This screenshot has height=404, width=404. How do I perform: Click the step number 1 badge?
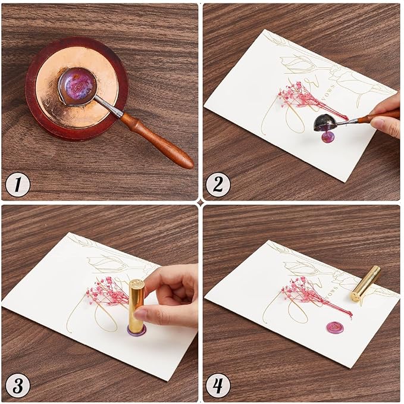coord(18,185)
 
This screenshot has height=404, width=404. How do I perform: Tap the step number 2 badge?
coord(218,185)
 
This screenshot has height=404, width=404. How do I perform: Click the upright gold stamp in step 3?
coord(137,303)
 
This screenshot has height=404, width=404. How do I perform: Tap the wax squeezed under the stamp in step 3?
coord(136,329)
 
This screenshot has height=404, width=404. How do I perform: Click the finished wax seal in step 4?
coord(334,327)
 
